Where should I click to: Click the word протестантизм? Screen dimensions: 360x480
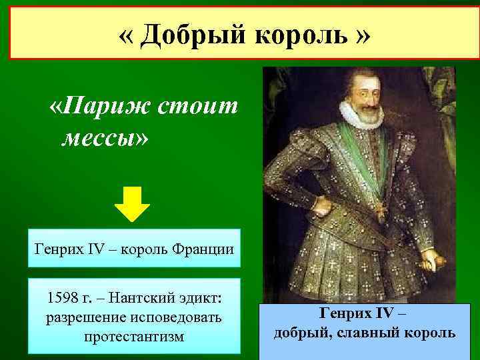coord(133,337)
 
